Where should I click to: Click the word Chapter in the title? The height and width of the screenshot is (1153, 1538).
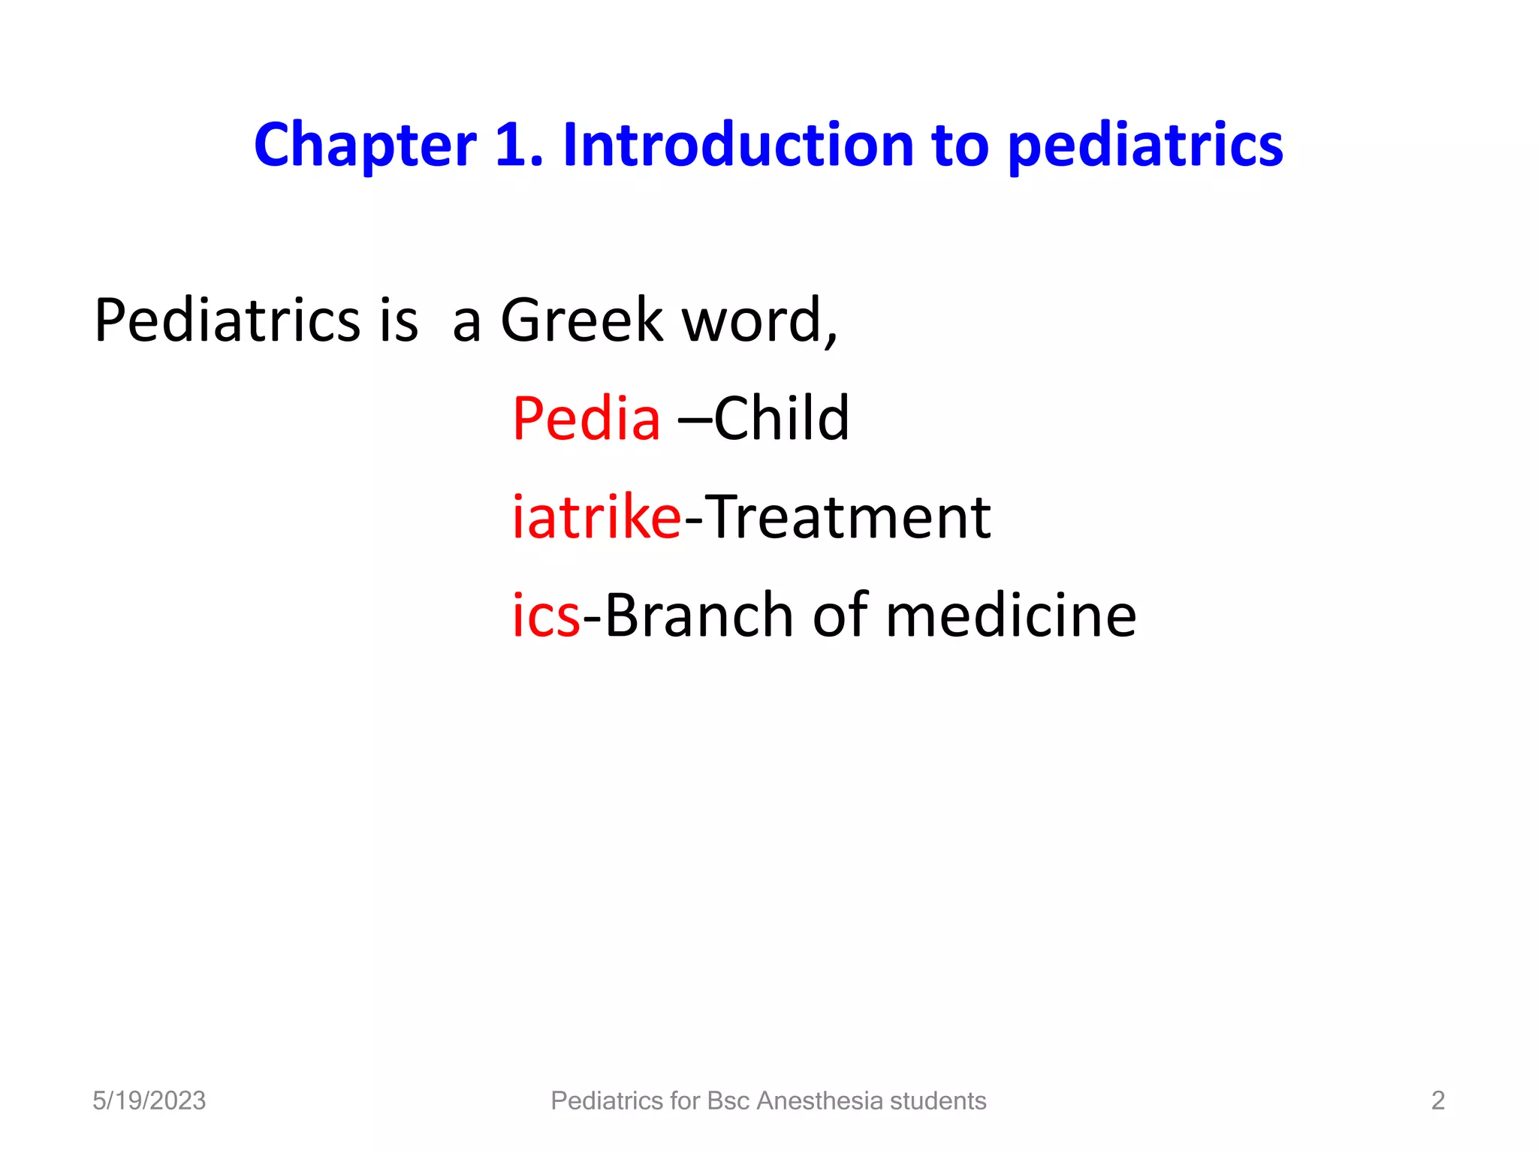tap(365, 146)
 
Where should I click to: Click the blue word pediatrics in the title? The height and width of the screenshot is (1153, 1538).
tap(1145, 146)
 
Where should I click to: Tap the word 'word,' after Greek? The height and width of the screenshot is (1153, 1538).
tap(758, 321)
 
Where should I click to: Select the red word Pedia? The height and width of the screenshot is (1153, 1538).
tap(587, 418)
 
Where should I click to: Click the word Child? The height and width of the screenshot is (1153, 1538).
tap(781, 418)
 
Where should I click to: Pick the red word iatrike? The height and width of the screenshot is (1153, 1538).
tap(596, 517)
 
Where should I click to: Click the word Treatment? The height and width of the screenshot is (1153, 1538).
tap(848, 517)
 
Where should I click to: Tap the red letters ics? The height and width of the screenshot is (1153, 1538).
tap(546, 616)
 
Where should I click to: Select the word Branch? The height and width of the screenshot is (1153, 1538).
tap(698, 616)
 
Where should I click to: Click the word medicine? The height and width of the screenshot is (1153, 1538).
tap(1011, 616)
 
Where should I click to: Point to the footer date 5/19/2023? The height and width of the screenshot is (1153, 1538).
tap(149, 1100)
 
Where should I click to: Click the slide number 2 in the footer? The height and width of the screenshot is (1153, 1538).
tap(1437, 1100)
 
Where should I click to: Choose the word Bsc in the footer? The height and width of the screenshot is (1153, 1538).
tap(728, 1100)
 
